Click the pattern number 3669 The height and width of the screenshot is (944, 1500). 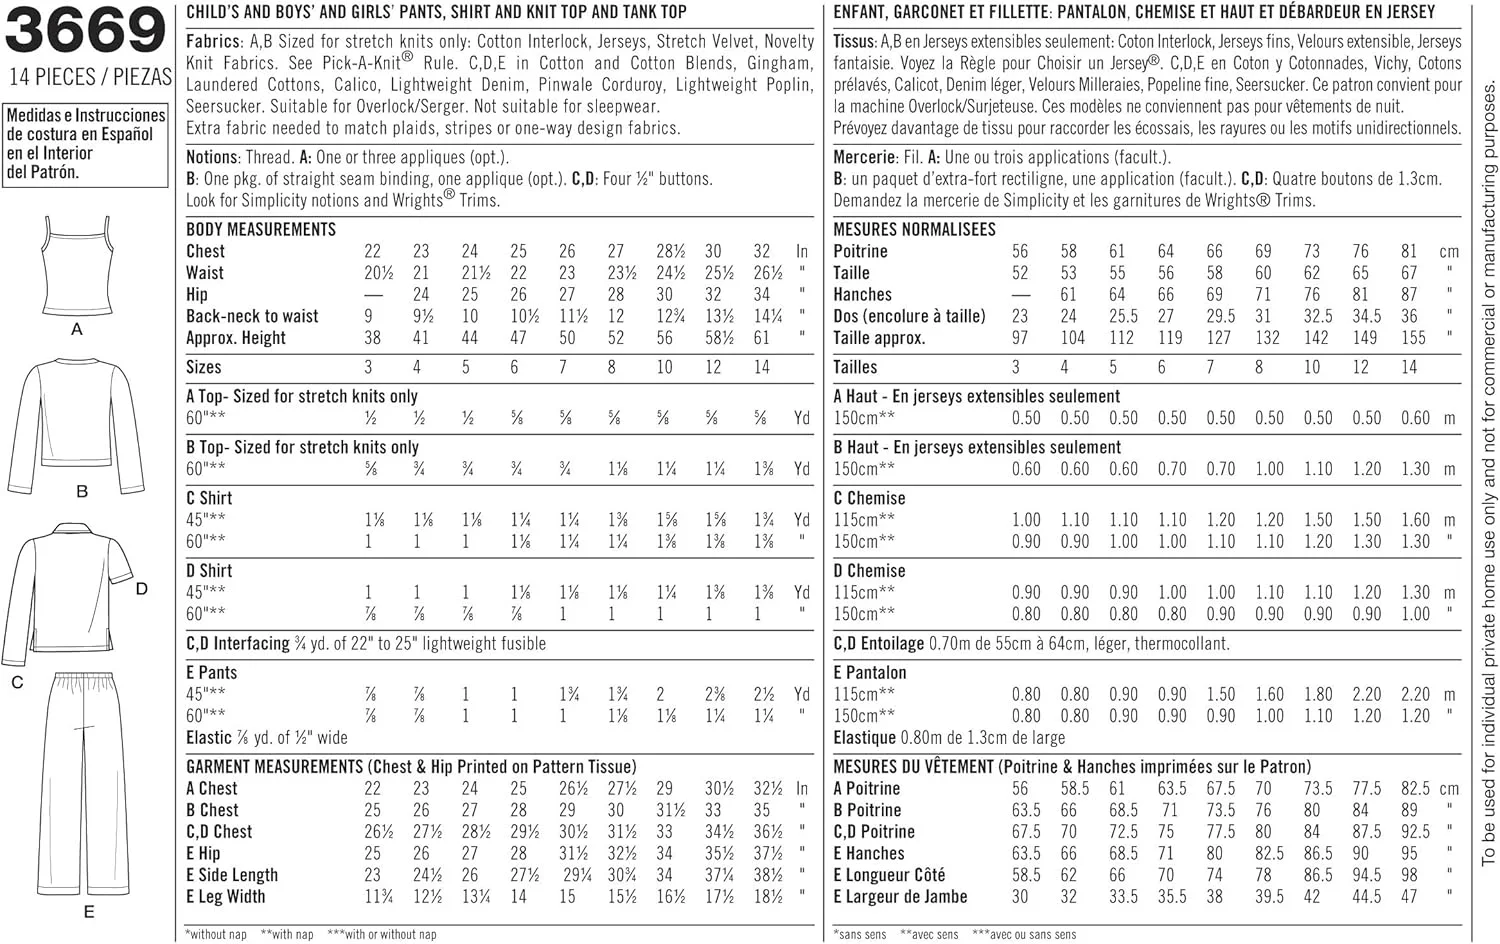pos(85,31)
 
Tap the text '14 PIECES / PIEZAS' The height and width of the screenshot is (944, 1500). pos(90,77)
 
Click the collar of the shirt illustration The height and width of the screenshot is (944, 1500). pos(85,536)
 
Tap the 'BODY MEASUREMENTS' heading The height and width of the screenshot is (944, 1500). pos(261,229)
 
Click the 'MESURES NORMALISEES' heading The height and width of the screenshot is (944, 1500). pos(914,229)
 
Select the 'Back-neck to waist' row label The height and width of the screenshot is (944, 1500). pos(252,316)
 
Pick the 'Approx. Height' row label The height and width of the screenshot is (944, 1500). pos(236,338)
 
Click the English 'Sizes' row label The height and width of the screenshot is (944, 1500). pos(204,367)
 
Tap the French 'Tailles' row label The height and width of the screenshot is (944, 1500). pos(855,367)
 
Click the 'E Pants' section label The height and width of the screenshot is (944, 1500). pos(212,673)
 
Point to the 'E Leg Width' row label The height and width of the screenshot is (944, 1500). pos(226,897)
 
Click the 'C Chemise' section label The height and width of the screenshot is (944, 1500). pos(869,498)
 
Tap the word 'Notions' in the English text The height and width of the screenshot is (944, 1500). pos(212,157)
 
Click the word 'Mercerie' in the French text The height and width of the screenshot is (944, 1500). pos(864,157)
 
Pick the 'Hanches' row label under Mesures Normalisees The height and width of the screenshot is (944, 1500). pos(862,294)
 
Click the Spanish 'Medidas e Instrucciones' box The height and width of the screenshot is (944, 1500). pos(86,144)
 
